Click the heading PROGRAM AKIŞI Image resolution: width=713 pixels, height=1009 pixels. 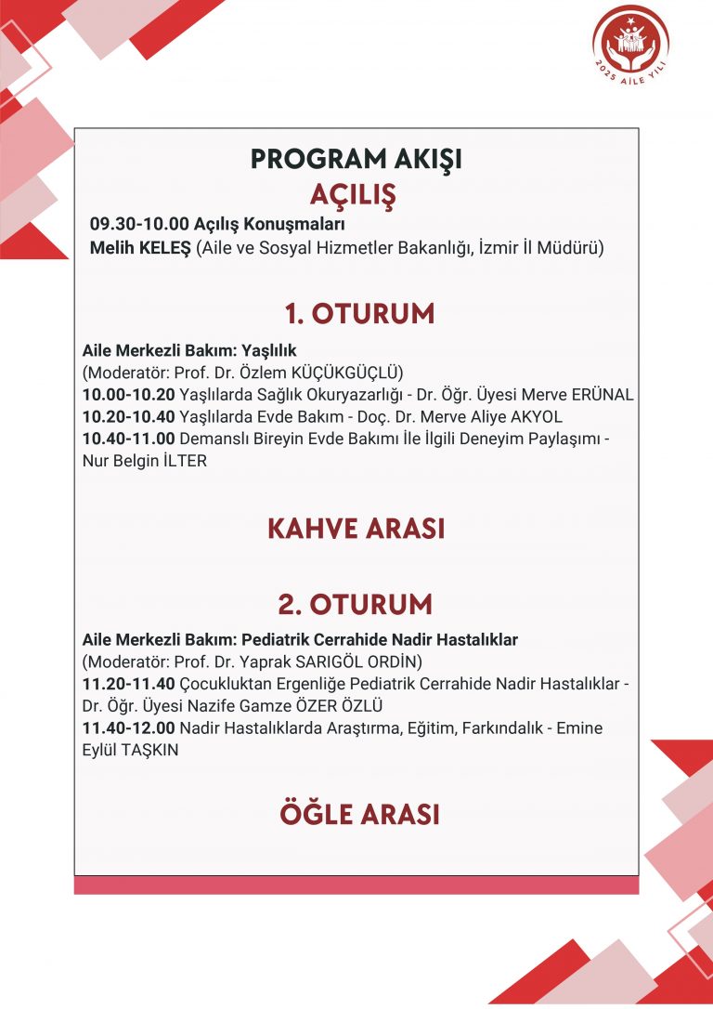[356, 159]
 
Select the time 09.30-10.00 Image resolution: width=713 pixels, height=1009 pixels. [139, 225]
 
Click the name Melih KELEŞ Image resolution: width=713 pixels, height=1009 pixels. [140, 248]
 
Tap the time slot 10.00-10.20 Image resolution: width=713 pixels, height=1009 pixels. [128, 395]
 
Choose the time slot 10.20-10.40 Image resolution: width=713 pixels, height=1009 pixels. [128, 416]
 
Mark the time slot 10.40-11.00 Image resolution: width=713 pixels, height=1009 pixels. [128, 439]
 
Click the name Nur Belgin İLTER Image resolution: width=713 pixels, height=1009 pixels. [144, 461]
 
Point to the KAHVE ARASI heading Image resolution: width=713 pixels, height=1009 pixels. [356, 528]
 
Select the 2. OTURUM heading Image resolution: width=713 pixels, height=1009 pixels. [356, 604]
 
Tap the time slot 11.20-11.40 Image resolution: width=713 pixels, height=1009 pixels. [128, 685]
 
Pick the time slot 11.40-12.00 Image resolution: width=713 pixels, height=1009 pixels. [128, 727]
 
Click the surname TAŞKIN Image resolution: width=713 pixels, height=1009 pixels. [149, 750]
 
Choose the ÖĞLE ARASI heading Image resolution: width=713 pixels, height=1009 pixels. [359, 814]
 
